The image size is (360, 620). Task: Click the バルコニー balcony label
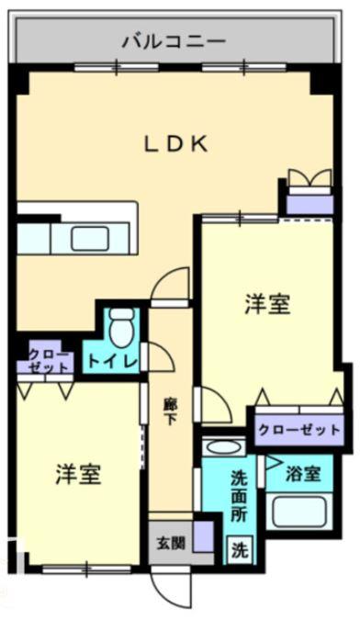tap(174, 41)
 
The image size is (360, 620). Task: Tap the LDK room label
tap(178, 143)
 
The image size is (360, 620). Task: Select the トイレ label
tap(112, 360)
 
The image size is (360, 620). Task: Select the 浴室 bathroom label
tap(303, 474)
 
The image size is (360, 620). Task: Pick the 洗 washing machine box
tap(237, 551)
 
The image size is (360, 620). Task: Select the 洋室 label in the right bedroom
tap(267, 304)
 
